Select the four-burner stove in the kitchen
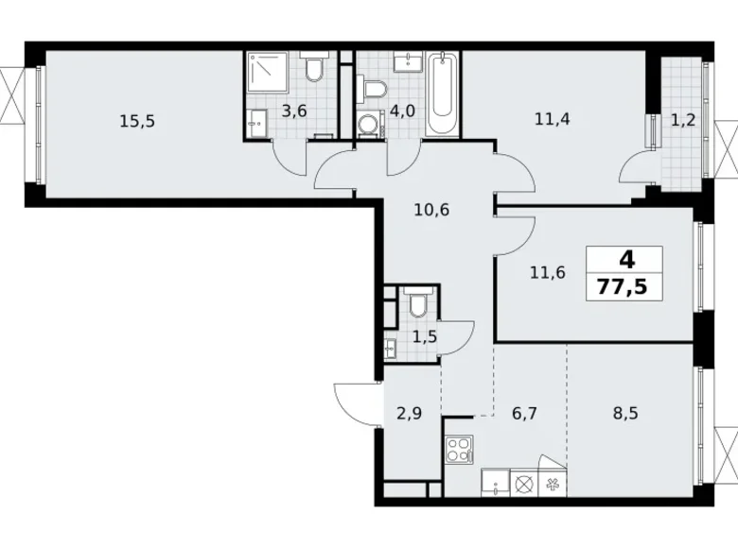[x=460, y=447]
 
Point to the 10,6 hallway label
[x=430, y=210]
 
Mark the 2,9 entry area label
[x=408, y=412]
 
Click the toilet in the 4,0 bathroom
[x=376, y=90]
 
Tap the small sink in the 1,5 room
[x=390, y=348]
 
